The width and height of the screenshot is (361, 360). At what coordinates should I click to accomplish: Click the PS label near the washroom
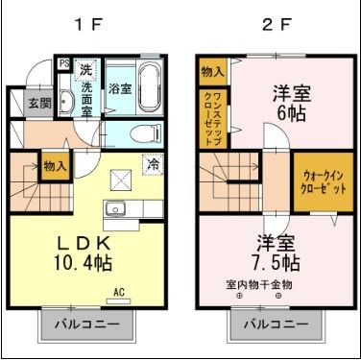pyautogui.click(x=64, y=64)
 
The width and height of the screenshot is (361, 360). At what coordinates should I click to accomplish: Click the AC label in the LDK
pyautogui.click(x=120, y=292)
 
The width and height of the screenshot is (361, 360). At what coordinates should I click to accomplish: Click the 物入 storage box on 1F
pyautogui.click(x=55, y=166)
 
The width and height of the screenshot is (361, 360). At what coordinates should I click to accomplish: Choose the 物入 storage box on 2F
pyautogui.click(x=213, y=71)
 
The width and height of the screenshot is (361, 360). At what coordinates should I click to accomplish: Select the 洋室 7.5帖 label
pyautogui.click(x=277, y=252)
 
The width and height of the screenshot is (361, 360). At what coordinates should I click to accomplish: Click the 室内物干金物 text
pyautogui.click(x=259, y=284)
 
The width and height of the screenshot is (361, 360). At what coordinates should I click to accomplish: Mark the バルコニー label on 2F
pyautogui.click(x=274, y=324)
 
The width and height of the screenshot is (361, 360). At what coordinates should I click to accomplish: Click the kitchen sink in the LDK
pyautogui.click(x=118, y=209)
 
